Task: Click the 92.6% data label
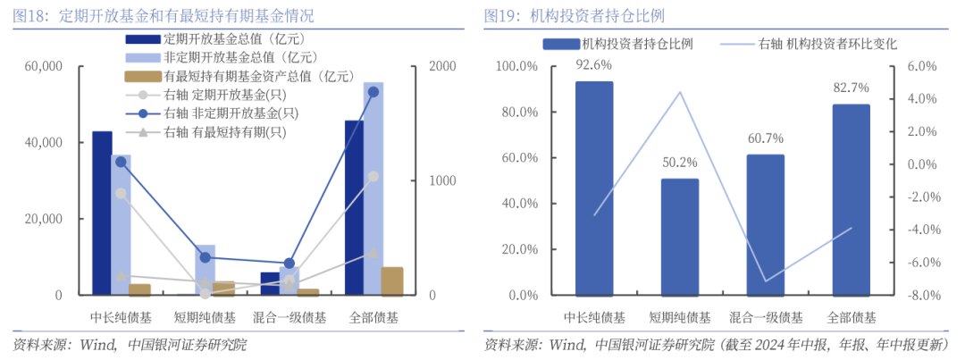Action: (593, 64)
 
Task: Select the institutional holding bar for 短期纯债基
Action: (679, 237)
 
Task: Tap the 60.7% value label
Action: (765, 138)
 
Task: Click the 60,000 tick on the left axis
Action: (44, 67)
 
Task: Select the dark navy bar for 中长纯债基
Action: (102, 213)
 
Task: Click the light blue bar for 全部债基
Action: (373, 188)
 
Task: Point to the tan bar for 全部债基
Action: (392, 280)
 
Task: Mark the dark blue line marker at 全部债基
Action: (373, 92)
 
